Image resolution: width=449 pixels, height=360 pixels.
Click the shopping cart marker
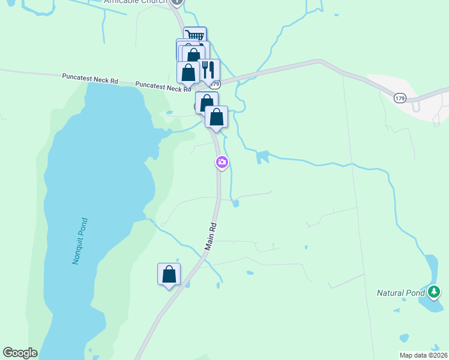tap(195, 36)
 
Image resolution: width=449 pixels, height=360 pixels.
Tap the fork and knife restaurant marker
tap(208, 70)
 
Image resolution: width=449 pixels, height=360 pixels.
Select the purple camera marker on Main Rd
tap(222, 162)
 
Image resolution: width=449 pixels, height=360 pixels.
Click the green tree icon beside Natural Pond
tap(435, 292)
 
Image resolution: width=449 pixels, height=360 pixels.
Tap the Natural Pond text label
tap(400, 293)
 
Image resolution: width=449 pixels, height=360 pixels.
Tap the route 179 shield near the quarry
tap(400, 97)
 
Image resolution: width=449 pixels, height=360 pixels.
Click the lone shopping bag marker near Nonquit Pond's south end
tap(169, 274)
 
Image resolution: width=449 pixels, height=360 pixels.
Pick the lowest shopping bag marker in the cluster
tap(217, 116)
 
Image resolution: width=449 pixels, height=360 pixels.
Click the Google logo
tap(20, 353)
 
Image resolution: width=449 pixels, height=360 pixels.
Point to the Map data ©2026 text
tap(423, 355)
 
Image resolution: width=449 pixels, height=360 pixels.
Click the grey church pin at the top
tap(176, 2)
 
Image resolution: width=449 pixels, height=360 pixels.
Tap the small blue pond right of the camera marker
tap(262, 157)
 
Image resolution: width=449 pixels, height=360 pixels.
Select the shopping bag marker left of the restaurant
tap(188, 72)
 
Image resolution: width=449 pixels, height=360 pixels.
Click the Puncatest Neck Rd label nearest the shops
tap(163, 87)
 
